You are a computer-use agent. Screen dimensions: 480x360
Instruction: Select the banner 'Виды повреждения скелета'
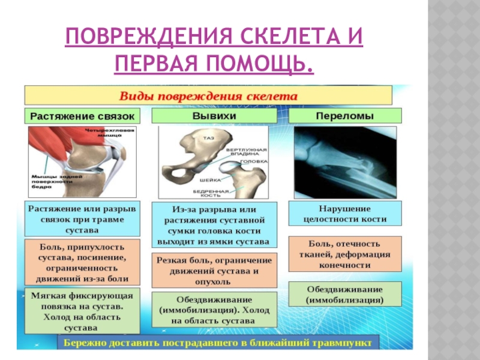[x=207, y=95]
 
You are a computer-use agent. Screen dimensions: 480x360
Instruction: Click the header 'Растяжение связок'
[x=82, y=115]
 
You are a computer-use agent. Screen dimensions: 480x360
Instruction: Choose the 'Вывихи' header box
[x=214, y=115]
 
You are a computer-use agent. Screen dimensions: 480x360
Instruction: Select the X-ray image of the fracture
[x=344, y=161]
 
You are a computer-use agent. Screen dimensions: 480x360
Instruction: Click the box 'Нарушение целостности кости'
[x=345, y=213]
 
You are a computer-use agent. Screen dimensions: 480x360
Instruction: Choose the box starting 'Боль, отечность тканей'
[x=345, y=254]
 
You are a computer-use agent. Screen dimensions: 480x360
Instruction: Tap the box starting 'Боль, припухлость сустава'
[x=82, y=262]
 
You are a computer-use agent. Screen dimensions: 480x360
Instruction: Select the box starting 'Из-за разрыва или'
[x=214, y=224]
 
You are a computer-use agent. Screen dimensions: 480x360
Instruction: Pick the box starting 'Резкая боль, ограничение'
[x=214, y=270]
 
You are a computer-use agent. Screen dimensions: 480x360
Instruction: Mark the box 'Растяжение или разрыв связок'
[x=82, y=217]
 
